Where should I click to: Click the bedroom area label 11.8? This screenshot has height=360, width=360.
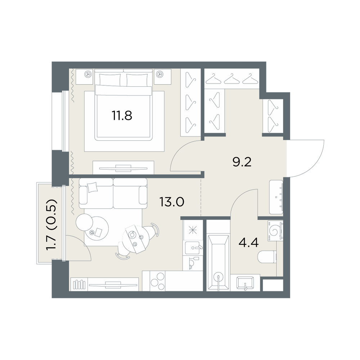122,116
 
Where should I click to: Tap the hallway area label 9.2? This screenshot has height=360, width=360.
242,162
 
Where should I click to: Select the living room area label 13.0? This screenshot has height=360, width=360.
172,202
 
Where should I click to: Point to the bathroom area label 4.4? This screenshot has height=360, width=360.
249,242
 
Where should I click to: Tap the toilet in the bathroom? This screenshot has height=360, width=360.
267,257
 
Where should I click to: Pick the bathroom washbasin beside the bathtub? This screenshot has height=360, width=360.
245,283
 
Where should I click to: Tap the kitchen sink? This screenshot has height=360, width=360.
194,247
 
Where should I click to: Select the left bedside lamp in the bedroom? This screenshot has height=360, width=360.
88,74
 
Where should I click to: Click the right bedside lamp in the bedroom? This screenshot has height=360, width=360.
159,74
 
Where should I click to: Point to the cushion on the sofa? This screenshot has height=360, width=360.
93,187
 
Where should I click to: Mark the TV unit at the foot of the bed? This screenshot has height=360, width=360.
123,168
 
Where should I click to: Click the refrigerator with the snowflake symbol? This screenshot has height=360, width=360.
193,230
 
